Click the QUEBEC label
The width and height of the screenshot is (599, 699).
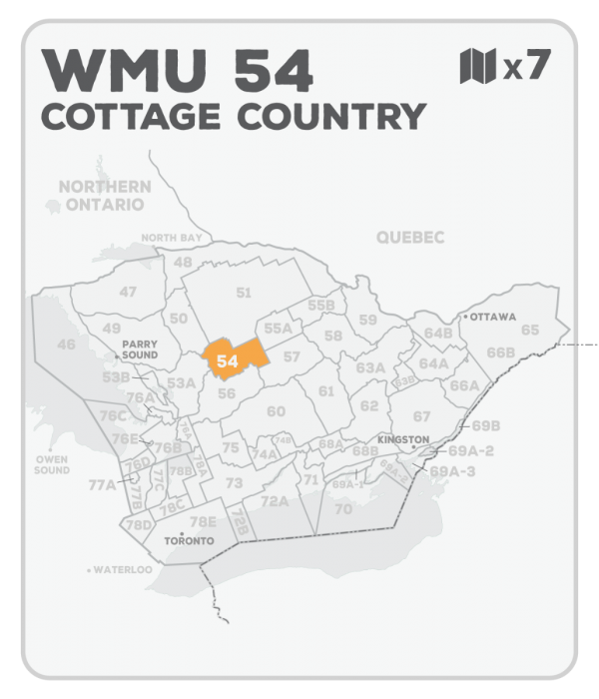coord(410,237)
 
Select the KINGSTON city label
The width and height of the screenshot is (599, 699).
coord(403,439)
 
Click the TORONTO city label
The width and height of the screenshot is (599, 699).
coord(189,540)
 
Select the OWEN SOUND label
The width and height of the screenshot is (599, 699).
coord(52,464)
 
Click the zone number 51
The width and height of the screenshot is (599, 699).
coord(244,292)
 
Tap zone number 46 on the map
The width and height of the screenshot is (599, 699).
coord(66,345)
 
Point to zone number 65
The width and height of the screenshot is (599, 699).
coord(529,330)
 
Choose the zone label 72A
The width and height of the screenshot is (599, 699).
coord(275,500)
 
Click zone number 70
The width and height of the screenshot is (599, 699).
coord(343,508)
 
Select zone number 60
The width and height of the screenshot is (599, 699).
coord(276,411)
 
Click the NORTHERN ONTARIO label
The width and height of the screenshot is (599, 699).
coord(104,195)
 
